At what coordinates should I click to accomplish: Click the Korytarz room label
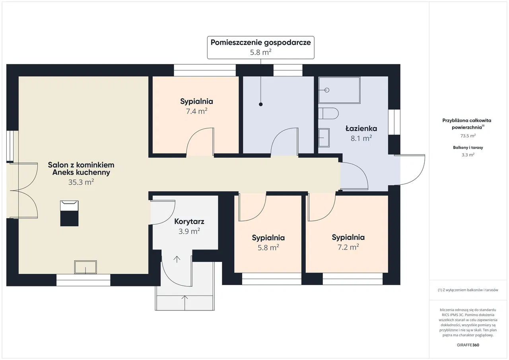coord(189,222)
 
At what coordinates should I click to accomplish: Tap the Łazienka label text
coord(361,128)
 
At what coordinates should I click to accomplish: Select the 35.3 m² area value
coord(81,182)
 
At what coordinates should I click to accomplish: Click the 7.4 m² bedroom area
coord(196,111)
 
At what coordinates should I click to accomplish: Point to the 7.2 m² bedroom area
coord(348,247)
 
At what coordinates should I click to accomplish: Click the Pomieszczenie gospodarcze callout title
coord(260,43)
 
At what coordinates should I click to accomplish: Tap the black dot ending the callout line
coord(260,105)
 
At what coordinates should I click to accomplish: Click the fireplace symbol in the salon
coord(69,213)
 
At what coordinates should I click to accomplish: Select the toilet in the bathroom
coord(328,114)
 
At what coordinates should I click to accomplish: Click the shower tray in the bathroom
coord(340,90)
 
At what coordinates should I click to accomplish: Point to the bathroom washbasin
coord(324,138)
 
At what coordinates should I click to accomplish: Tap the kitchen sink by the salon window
coord(85,267)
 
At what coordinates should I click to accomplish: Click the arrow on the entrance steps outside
coord(185,302)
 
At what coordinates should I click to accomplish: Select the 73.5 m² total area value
coord(468,136)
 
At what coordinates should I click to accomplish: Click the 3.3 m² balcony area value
coord(468,155)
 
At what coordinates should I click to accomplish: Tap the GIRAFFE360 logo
coord(468,345)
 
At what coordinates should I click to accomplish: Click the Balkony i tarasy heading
coord(468,147)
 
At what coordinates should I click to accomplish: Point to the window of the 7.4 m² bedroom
coord(205,70)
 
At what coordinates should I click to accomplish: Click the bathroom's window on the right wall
coord(394,122)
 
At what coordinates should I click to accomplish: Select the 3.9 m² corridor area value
coord(189,231)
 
